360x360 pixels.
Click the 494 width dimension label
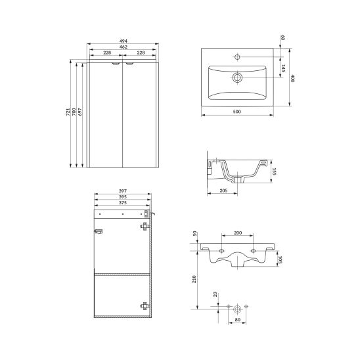point(124,41)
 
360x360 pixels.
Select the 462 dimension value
point(124,47)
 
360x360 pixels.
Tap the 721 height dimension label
point(68,112)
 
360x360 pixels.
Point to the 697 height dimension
point(80,112)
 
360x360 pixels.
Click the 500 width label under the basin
point(237,112)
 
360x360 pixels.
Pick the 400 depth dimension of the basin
point(292,78)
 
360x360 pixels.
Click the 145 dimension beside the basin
point(283,68)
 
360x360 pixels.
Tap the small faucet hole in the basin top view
point(237,56)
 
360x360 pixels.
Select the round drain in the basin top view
point(237,78)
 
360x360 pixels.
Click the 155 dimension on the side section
point(274,171)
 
